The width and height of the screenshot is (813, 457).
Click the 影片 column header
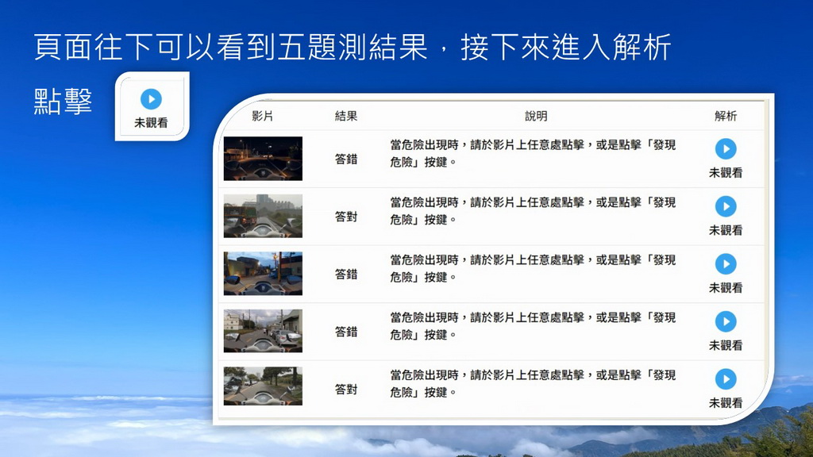tap(262, 116)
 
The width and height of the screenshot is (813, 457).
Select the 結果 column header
tap(346, 116)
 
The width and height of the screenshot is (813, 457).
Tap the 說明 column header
tap(536, 116)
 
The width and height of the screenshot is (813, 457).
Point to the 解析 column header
tap(726, 116)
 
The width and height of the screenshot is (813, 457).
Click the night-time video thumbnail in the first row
tap(263, 159)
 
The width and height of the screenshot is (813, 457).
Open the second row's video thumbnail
tap(263, 216)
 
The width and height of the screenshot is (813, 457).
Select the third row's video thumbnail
tap(263, 274)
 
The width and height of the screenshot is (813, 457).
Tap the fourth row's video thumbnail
tap(263, 331)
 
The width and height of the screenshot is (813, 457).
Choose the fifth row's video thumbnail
tap(263, 386)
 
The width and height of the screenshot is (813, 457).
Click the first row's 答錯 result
tap(346, 159)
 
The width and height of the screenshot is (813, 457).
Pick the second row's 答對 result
tap(346, 217)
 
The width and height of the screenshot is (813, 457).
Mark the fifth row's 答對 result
tap(346, 389)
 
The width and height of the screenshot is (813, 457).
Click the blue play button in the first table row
tap(726, 149)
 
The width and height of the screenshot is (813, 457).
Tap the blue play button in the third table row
tap(726, 264)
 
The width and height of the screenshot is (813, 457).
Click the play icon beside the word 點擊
tap(151, 99)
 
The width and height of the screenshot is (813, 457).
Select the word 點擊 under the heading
tap(63, 101)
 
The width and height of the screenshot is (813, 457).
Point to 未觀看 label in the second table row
tap(726, 230)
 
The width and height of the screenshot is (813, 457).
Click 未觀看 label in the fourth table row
tap(726, 345)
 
